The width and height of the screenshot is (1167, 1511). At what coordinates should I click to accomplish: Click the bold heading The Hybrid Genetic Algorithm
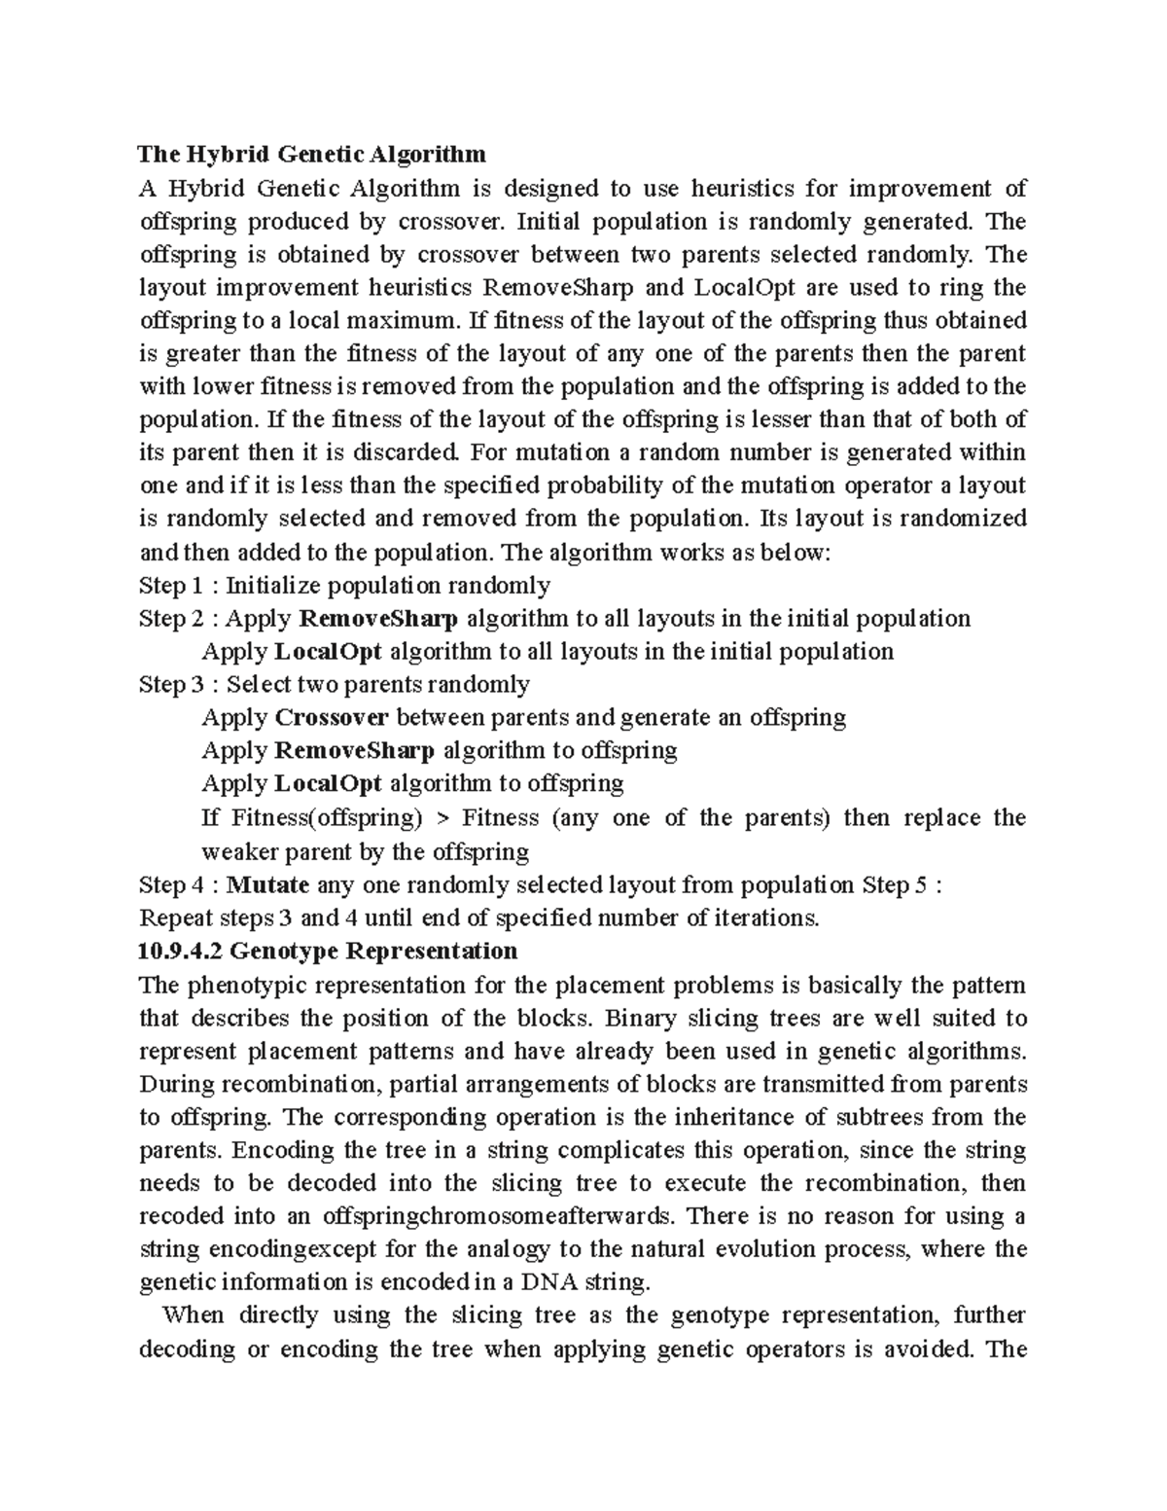[x=311, y=154]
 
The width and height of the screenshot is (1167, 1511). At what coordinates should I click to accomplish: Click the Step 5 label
[x=896, y=884]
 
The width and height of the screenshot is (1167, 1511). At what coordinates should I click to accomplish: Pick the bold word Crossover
[x=332, y=718]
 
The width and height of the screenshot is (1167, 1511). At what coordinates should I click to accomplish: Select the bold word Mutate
[x=268, y=884]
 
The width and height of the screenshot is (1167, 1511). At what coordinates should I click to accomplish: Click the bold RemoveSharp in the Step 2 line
[x=378, y=619]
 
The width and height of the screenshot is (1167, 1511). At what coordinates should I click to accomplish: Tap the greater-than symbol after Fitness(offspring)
[x=442, y=818]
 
